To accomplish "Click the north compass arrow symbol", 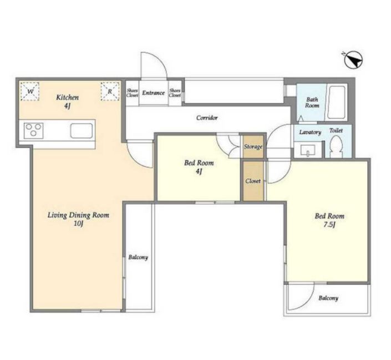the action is [x=354, y=60].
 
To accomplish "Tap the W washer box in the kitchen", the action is [x=30, y=92].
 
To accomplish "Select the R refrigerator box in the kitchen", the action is [x=110, y=92].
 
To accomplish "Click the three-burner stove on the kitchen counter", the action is [x=34, y=131].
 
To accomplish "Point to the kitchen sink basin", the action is [x=82, y=131].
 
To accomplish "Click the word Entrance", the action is [x=154, y=93].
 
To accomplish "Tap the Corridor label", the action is [x=207, y=118].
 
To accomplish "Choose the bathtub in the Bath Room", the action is [x=337, y=102].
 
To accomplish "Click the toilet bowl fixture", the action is [x=336, y=146].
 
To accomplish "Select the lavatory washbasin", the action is [x=308, y=150].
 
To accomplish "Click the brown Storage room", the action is [x=253, y=146].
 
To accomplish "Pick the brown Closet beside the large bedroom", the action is [x=253, y=181].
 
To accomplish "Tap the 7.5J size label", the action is [x=329, y=225].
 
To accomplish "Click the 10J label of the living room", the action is [x=78, y=224].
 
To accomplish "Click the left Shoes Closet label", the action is [x=132, y=93].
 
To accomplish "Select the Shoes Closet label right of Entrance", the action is [x=175, y=93].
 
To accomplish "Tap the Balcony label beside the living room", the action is [x=138, y=257].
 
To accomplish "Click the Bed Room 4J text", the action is [x=199, y=167].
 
